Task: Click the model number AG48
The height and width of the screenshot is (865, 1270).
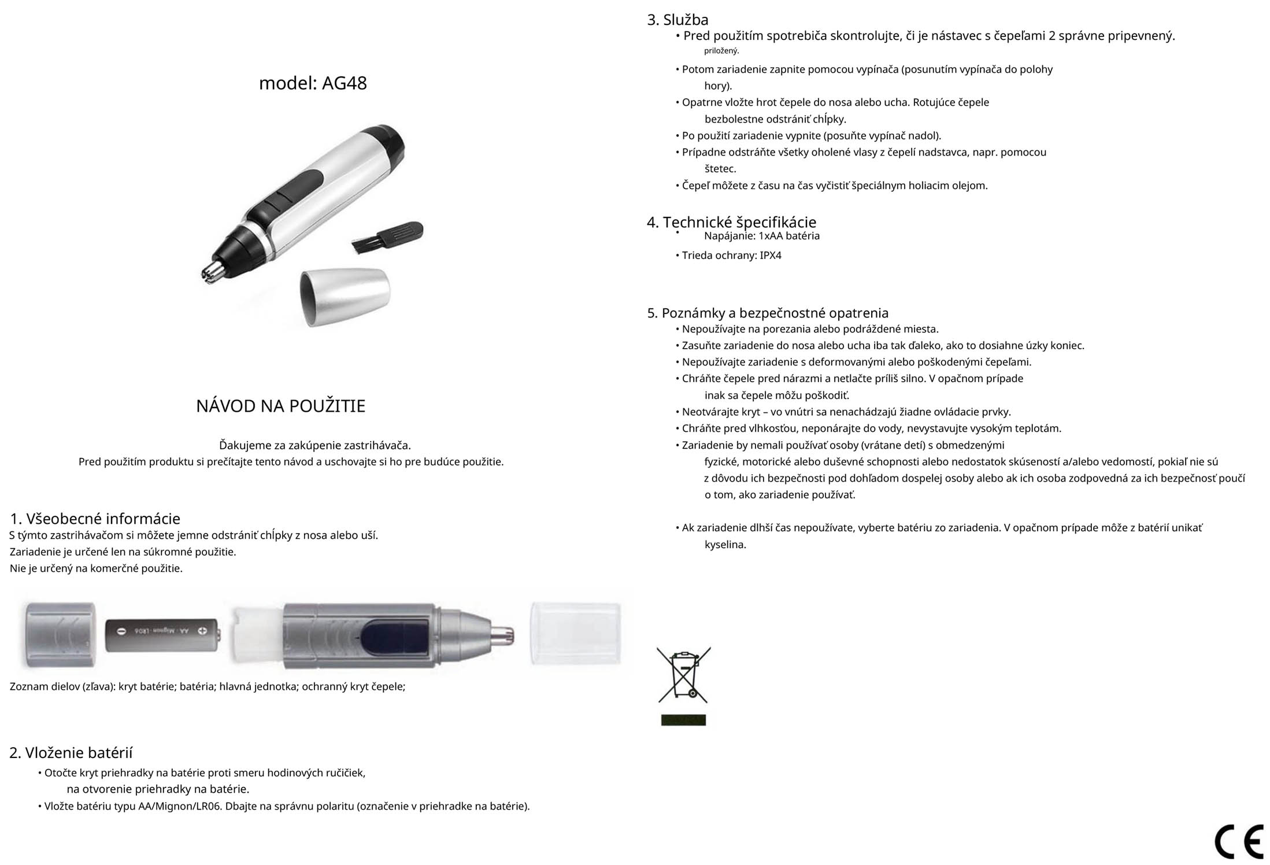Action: click(344, 83)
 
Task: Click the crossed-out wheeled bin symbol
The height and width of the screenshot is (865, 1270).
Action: click(683, 674)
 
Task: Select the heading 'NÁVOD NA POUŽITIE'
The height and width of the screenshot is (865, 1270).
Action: click(280, 406)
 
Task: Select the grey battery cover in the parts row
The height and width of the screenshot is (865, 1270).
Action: click(60, 635)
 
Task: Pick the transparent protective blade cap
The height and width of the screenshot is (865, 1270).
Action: click(576, 634)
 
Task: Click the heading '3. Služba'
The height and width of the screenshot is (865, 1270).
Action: click(677, 20)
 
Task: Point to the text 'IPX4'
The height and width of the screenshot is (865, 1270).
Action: click(770, 256)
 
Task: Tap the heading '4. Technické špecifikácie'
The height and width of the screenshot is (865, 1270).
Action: click(731, 222)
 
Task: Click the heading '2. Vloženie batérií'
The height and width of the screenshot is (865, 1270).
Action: click(71, 753)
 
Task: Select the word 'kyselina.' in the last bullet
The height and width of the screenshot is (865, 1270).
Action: click(725, 545)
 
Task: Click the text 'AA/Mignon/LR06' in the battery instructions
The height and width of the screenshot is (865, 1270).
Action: click(179, 806)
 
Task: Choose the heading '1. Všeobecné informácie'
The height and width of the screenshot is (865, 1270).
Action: click(95, 519)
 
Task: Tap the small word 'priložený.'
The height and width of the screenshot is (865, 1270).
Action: click(721, 51)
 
